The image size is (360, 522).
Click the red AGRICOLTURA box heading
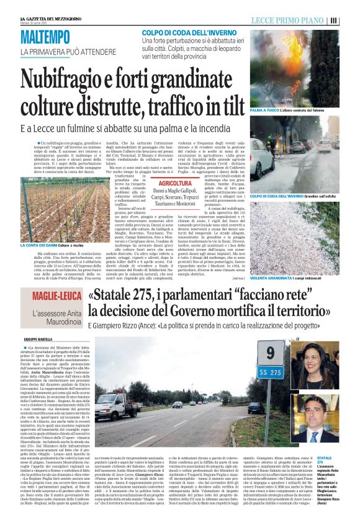175,184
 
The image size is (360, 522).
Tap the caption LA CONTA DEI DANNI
38,246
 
